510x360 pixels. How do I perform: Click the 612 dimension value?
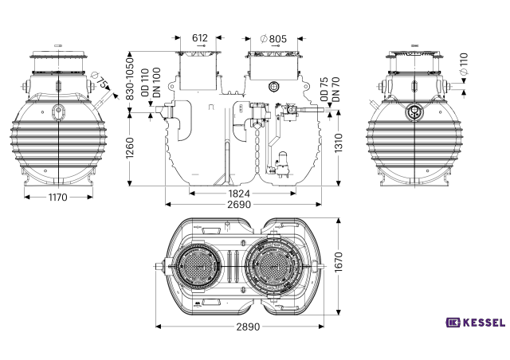[x=200, y=38]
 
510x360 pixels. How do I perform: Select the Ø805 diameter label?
[x=273, y=39]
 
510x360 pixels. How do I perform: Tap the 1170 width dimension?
[x=58, y=197]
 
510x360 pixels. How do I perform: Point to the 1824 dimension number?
[x=239, y=194]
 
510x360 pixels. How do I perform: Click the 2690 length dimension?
[x=239, y=205]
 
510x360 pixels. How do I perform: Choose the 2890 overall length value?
[x=248, y=327]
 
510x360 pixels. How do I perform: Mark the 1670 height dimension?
[x=339, y=262]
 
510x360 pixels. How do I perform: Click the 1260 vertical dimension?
[x=130, y=148]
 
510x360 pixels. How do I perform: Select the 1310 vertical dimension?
[x=339, y=143]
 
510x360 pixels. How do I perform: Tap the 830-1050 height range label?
[x=130, y=79]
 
